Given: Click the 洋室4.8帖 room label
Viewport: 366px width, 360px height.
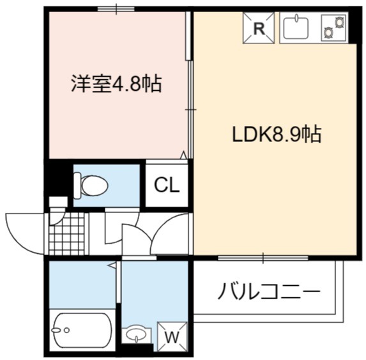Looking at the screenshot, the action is point(116,84).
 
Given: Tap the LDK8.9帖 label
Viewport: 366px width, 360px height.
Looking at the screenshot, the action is point(277,134).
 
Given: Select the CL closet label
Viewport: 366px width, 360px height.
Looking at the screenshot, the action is point(167,185).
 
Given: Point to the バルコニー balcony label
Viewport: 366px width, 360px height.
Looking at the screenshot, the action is point(268,291).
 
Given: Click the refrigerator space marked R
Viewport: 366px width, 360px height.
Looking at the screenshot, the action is point(259,27).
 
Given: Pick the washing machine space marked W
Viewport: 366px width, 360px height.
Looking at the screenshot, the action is point(172,336).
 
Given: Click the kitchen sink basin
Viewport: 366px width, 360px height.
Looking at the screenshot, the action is point(296,28).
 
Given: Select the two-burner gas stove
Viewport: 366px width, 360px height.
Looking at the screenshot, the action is point(333,27).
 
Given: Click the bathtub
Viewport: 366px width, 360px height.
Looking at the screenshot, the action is point(82,330).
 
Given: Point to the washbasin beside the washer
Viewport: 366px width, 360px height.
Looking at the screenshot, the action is point(136,334).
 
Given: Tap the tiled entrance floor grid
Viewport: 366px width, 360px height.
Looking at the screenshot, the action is point(67,233).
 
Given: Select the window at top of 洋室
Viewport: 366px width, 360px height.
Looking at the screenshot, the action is point(116,9).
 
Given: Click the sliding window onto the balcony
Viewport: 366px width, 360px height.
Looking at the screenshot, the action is point(263,258).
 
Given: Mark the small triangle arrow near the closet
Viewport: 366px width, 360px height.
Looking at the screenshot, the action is point(184,155).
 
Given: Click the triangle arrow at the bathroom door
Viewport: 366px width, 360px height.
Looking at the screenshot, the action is point(112,265).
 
